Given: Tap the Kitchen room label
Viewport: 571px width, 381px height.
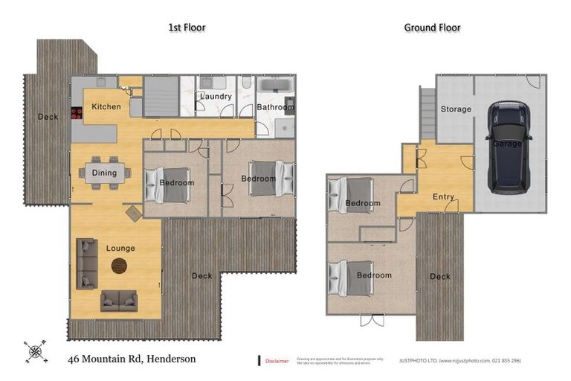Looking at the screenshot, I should pyautogui.click(x=106, y=107).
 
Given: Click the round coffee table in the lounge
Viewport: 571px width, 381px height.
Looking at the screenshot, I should pyautogui.click(x=119, y=264).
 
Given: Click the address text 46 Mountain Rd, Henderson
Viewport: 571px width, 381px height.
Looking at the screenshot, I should pyautogui.click(x=132, y=359).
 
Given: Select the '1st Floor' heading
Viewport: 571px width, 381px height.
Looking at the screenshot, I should pyautogui.click(x=187, y=28).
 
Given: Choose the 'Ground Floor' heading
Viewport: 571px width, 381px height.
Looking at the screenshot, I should pyautogui.click(x=432, y=28).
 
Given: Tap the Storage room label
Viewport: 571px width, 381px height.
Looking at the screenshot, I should pyautogui.click(x=456, y=109).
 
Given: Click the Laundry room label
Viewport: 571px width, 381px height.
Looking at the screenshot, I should pyautogui.click(x=216, y=97).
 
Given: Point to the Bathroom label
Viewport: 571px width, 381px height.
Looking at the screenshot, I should pyautogui.click(x=275, y=107).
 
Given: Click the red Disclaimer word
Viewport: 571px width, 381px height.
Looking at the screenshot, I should pyautogui.click(x=277, y=361).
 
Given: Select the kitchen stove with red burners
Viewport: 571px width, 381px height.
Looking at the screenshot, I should pyautogui.click(x=75, y=113).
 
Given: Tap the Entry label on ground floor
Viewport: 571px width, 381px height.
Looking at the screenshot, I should pyautogui.click(x=443, y=196).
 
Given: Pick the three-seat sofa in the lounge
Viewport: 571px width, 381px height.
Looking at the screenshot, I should pyautogui.click(x=86, y=263).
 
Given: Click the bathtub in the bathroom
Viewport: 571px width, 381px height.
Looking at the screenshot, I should pyautogui.click(x=275, y=85).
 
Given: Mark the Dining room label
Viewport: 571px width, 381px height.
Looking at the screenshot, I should pyautogui.click(x=104, y=173).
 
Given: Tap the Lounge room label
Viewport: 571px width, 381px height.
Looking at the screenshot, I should pyautogui.click(x=120, y=248).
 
